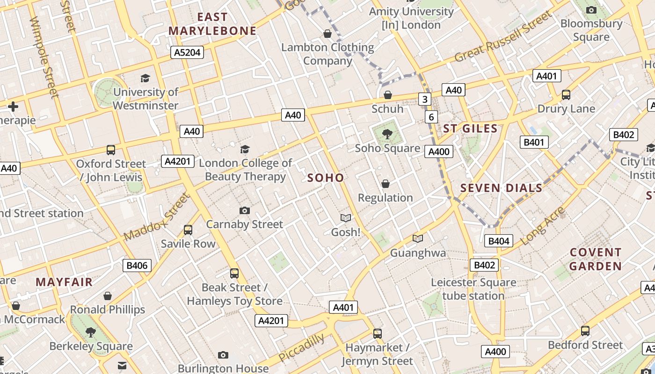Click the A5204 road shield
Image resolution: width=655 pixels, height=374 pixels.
(187, 52)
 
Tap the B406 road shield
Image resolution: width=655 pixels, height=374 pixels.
(137, 266)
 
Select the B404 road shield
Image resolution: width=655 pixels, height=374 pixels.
(499, 241)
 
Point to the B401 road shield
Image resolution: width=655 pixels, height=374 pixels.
(534, 142)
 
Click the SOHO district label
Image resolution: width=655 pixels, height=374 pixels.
(326, 178)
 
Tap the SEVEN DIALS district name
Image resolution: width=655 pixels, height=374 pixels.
(501, 188)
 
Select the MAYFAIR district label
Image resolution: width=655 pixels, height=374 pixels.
(64, 282)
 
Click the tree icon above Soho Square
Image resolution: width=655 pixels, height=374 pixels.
(387, 135)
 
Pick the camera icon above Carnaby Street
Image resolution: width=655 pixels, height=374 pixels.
(244, 211)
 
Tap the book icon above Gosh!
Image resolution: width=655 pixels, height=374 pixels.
(345, 218)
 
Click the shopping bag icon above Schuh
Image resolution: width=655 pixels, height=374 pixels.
(387, 95)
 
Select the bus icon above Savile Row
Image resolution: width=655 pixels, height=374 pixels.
(188, 230)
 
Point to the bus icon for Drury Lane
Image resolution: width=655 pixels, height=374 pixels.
(566, 95)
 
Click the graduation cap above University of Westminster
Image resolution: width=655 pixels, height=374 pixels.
(146, 78)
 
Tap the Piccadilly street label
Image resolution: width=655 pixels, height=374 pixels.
(301, 347)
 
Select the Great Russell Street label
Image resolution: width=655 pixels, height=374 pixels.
(503, 38)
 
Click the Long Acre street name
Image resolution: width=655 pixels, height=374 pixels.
(542, 226)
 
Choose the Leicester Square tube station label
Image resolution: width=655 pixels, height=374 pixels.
(473, 289)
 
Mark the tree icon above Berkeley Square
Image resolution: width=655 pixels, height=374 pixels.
(91, 332)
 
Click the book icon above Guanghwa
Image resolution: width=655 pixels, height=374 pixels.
(418, 239)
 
